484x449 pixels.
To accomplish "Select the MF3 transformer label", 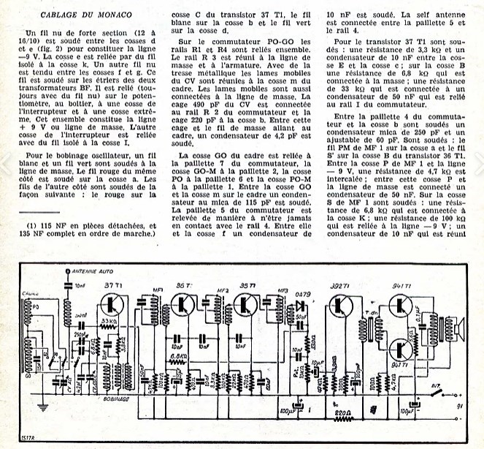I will tap(283, 291).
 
